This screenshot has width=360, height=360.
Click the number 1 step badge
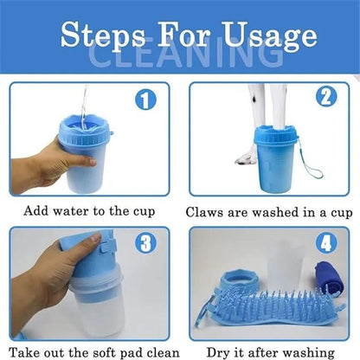tap(145, 100)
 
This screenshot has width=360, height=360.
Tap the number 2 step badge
tap(326, 97)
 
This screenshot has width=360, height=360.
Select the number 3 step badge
tap(145, 243)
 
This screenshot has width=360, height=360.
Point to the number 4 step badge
tap(326, 243)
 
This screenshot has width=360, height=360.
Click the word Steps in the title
tap(103, 36)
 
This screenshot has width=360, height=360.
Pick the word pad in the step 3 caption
tap(132, 353)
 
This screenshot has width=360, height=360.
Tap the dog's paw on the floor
tap(246, 158)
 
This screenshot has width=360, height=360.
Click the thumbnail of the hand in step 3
tap(95, 238)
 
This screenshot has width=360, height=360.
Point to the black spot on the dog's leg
tap(254, 99)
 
